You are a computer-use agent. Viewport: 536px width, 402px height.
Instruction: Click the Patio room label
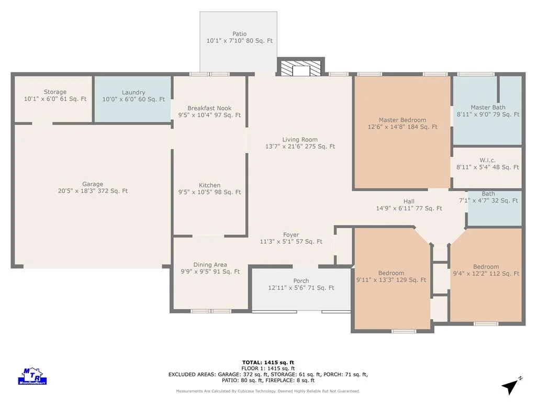[x=239, y=34]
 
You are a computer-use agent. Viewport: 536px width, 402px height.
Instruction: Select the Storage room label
[x=55, y=92]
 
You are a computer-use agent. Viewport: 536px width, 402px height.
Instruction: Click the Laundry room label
[x=133, y=92]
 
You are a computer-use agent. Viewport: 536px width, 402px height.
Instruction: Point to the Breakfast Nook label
[x=209, y=108]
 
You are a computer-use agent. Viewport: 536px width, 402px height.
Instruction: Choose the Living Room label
[x=300, y=139]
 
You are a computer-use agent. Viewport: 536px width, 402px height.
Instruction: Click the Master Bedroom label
[x=403, y=120]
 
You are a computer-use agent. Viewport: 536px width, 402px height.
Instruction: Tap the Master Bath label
[x=488, y=107]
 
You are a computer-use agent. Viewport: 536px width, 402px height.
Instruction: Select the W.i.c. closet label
[x=487, y=160]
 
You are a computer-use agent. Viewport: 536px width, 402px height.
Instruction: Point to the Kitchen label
[x=209, y=185]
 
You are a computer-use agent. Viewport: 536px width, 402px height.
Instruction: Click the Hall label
[x=409, y=202]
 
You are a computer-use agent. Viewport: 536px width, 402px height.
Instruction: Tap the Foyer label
[x=291, y=235]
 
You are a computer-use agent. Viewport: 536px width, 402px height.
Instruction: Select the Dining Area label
[x=210, y=264]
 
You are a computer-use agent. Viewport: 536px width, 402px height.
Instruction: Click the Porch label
[x=301, y=281]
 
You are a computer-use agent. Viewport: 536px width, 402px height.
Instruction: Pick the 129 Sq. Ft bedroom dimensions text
[x=391, y=280]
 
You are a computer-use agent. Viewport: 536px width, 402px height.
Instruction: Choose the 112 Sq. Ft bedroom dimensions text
[x=486, y=273]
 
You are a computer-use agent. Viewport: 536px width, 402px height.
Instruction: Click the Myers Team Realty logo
[x=32, y=376]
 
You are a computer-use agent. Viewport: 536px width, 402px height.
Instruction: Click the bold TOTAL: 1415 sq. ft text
[x=268, y=363]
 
